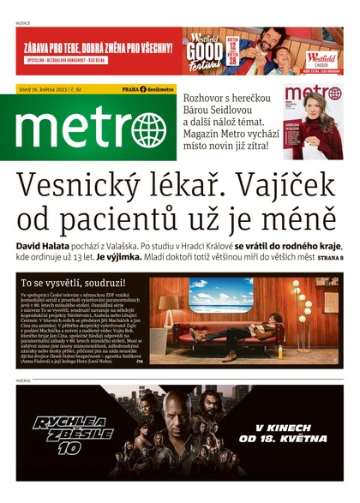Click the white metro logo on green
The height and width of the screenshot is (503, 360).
click(x=89, y=129)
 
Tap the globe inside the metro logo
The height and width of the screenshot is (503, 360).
click(x=149, y=131)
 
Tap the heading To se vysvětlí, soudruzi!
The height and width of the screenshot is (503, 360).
click(x=73, y=281)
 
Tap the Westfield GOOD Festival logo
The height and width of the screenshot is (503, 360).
click(x=203, y=50)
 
